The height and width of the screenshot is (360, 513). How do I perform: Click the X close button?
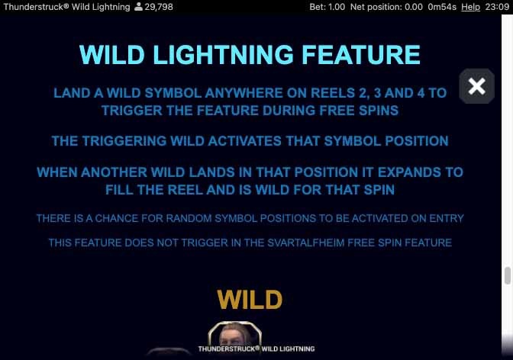pos(476,86)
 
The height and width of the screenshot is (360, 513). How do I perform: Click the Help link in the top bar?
pos(470,7)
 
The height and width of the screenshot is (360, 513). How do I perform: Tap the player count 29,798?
pos(159,7)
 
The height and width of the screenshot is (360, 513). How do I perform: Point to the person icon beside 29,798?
pos(139,7)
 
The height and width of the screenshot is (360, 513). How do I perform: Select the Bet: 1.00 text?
pos(327,7)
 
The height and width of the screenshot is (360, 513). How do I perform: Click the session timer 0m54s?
pos(442,7)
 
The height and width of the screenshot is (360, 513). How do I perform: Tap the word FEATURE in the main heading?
pos(361,55)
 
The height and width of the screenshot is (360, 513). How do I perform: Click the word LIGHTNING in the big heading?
pos(223,55)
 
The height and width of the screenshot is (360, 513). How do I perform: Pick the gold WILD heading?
pos(250,299)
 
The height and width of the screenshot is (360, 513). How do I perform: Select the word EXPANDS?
pos(409,172)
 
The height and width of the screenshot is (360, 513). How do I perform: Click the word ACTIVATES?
pos(245,141)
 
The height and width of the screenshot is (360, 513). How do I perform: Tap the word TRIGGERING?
pos(124,141)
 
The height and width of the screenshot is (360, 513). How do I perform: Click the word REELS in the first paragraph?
pos(333,93)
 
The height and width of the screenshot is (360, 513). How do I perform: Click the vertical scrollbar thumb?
pos(508,275)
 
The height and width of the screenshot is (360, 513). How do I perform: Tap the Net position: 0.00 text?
pos(386,7)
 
